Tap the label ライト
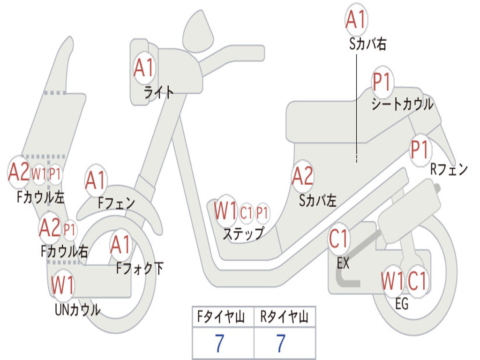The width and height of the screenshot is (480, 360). [x=158, y=92]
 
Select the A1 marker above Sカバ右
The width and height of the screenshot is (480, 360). [x=356, y=20]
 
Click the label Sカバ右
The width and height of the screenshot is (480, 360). [x=367, y=44]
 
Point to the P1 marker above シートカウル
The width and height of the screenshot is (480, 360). [x=382, y=81]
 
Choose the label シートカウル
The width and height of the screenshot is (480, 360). [x=403, y=104]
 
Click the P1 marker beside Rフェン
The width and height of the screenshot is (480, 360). [x=420, y=150]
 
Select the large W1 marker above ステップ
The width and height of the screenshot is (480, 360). [x=225, y=210]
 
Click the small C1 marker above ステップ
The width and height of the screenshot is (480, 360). [x=246, y=212]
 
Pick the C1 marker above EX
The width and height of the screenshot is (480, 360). [x=339, y=239]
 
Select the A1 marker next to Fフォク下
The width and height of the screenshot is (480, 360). [x=121, y=245]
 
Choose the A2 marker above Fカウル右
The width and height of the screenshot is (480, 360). [x=50, y=228]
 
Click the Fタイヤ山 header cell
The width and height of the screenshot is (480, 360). [x=223, y=316]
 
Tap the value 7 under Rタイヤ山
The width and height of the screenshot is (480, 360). [x=281, y=343]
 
